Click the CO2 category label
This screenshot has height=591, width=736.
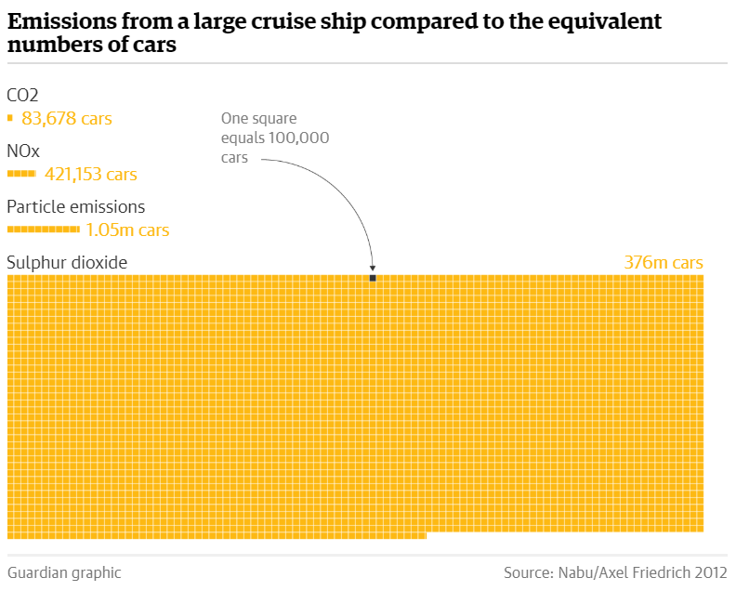[x=22, y=94]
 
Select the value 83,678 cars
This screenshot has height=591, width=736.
[x=66, y=119]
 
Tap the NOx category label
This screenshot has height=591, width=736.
[x=23, y=151]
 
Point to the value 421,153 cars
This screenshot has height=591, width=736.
[x=90, y=174]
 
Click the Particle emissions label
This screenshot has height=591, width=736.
[x=75, y=206]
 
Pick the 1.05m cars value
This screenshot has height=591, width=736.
[x=127, y=230]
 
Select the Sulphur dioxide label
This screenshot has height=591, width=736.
[x=67, y=263]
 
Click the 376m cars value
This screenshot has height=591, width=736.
[x=664, y=263]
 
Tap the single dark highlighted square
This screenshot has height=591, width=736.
[x=373, y=278]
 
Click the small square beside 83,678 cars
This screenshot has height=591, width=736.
[x=9, y=118]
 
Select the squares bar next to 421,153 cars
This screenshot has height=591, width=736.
[x=21, y=174]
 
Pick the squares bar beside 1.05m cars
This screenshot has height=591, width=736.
[x=43, y=229]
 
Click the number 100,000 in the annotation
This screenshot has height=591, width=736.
[x=298, y=138]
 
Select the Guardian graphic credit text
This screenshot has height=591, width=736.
[x=64, y=572]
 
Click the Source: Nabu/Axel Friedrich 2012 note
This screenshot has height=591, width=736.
[x=615, y=572]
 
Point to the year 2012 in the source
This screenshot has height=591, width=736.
[x=710, y=572]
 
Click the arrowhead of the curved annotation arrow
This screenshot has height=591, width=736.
[x=373, y=269]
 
